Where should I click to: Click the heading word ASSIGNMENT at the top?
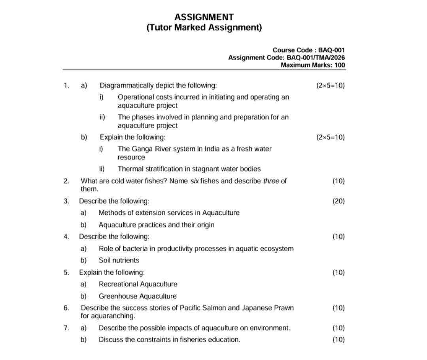204,17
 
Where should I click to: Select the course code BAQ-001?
331,50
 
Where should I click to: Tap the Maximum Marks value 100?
339,65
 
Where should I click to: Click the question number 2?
66,181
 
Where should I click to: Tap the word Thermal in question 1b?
130,169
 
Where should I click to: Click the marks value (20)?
338,201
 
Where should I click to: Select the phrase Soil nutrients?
119,260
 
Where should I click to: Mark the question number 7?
66,328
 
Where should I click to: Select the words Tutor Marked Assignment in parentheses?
204,28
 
